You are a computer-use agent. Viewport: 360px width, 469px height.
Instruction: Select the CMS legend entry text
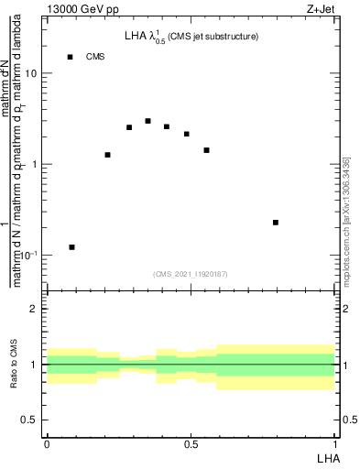[x=95, y=57]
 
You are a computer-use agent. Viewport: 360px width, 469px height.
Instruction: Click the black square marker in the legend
[x=70, y=57]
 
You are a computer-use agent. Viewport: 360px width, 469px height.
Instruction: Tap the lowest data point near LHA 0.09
[x=72, y=247]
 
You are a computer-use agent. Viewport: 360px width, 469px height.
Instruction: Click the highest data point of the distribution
[x=147, y=121]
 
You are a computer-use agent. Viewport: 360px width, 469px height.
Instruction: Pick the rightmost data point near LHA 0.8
[x=276, y=223]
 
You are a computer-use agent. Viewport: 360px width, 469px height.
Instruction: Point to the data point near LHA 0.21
[x=108, y=155]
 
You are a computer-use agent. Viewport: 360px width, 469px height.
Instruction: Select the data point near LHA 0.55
[x=207, y=150]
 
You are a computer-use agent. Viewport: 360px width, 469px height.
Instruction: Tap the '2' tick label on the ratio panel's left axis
[x=34, y=310]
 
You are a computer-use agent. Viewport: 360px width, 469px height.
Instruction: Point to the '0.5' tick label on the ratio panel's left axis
[x=29, y=420]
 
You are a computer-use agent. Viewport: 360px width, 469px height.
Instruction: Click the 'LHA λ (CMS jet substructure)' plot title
[x=191, y=37]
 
